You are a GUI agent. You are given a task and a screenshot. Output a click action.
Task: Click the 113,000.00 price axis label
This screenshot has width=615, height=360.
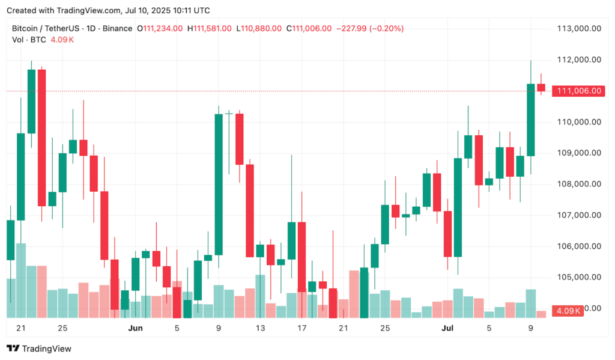[x=580, y=28]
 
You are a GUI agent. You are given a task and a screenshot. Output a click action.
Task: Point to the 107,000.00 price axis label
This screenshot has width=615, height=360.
[x=580, y=215]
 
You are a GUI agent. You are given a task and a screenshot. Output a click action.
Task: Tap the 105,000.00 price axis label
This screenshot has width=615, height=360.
[x=580, y=277]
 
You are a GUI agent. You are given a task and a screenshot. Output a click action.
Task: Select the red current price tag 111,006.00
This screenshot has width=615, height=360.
[x=580, y=91]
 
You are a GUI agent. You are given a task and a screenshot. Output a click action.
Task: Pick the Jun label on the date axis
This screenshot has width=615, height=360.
[x=135, y=328]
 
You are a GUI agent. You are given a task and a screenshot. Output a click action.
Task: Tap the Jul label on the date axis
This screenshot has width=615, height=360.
[x=447, y=328]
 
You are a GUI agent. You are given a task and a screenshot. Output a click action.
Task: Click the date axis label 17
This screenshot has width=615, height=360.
[x=301, y=328]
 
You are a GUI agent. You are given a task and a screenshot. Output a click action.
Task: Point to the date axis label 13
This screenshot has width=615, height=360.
[x=260, y=328]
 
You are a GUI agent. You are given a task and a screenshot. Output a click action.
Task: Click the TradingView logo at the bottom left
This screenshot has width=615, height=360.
[x=39, y=349]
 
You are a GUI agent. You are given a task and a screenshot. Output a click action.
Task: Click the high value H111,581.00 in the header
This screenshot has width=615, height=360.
[x=210, y=28]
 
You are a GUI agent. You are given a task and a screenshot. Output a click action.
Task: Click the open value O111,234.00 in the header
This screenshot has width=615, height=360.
[x=160, y=28]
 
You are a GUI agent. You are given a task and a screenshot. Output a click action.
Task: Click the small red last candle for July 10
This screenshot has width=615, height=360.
[x=541, y=88]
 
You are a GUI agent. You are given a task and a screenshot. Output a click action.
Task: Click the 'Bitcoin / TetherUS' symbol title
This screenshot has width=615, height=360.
[x=46, y=28]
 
